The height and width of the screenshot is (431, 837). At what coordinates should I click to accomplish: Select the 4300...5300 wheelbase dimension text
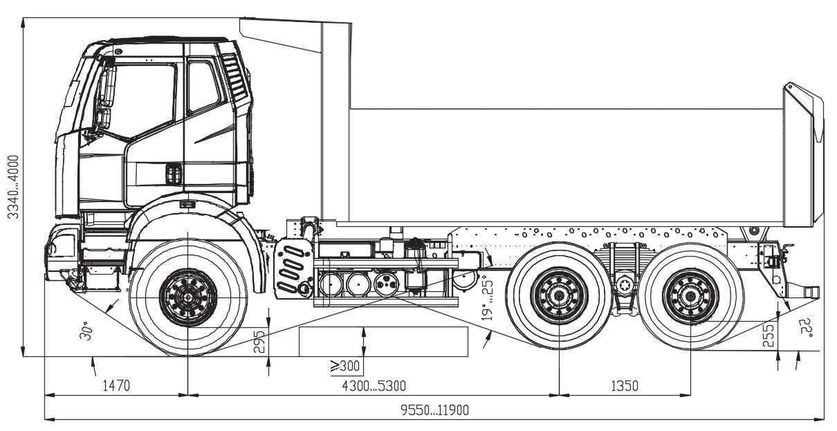[x=374, y=385]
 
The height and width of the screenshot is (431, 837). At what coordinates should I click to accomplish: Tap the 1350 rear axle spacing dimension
[x=624, y=385]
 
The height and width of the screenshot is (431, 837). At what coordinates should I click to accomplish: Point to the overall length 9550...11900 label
[x=435, y=410]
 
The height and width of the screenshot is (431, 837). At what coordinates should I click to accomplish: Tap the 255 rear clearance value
[x=769, y=336]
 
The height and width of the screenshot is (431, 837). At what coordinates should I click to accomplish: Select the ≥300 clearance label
[x=344, y=365]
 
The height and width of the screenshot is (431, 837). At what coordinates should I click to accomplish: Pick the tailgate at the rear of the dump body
[x=803, y=156]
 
